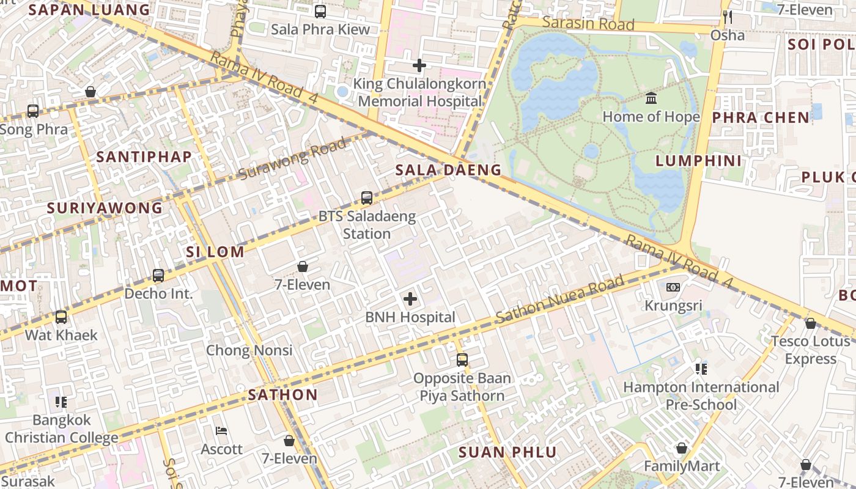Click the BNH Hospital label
coord(410,317)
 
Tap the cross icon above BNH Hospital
coord(410,299)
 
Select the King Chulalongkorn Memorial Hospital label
coord(422,93)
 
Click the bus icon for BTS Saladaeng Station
coord(367,197)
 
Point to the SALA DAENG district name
coord(448,170)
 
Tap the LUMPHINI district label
coord(699,161)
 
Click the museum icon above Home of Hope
coord(651,98)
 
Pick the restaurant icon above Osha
coord(727,17)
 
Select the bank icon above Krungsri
coord(673,287)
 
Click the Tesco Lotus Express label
coord(811,350)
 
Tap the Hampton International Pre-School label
coord(701,395)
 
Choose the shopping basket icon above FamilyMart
coord(682,448)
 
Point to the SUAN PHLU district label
coord(507,452)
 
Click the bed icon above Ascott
coord(222,431)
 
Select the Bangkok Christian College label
coord(61,428)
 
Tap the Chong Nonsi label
coord(249,350)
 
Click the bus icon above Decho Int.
coord(158,275)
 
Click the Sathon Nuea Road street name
coord(559,300)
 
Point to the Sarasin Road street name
coord(588,24)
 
